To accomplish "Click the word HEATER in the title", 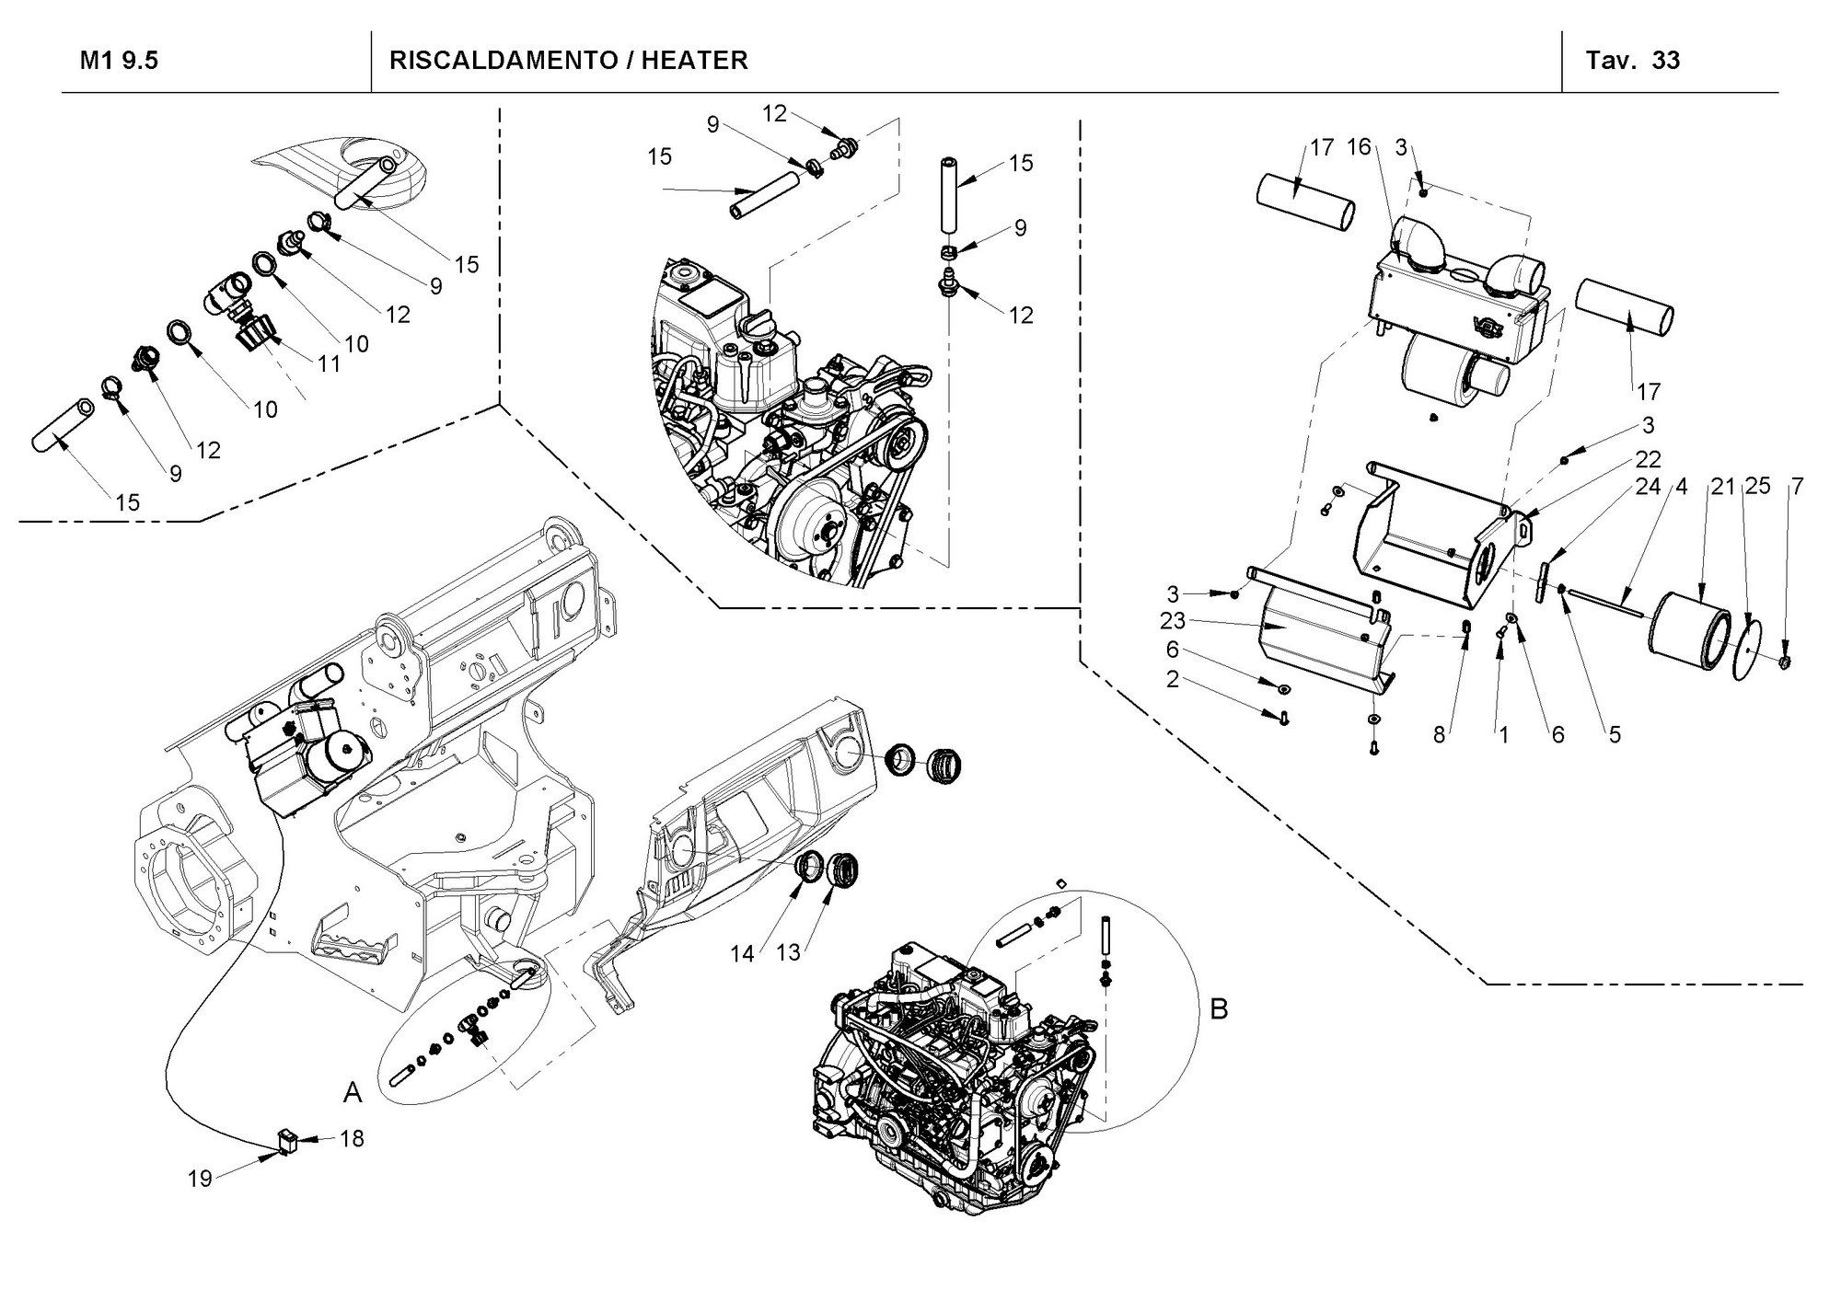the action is (695, 61).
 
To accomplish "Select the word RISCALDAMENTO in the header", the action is (503, 61).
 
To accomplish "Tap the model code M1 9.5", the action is (119, 61).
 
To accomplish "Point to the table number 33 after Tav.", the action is (1666, 61).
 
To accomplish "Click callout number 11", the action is (329, 363).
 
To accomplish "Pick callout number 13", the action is (789, 953).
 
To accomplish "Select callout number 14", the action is (743, 954).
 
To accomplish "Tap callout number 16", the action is (1359, 146).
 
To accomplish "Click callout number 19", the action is (200, 1179).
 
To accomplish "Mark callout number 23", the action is (1173, 621).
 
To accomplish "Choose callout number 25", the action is (1757, 486).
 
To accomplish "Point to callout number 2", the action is (1172, 679).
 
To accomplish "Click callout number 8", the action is (1439, 735).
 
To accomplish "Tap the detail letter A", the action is (353, 1092).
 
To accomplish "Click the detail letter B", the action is (1219, 1009).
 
